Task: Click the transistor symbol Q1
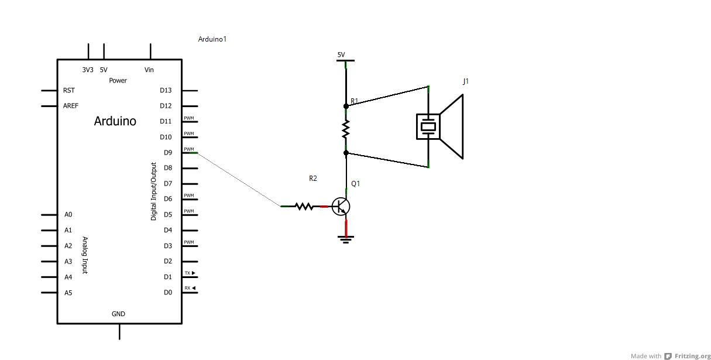[341, 207]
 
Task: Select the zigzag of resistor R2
[304, 207]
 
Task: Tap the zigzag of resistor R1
[346, 129]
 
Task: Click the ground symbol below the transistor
[346, 239]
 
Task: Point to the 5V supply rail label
[341, 54]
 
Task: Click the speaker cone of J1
[451, 126]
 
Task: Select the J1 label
[466, 81]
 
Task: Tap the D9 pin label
[168, 153]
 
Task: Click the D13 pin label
[166, 91]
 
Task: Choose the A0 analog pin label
[68, 215]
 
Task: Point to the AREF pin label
[70, 106]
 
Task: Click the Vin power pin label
[149, 70]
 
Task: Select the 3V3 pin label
[88, 70]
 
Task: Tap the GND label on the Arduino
[118, 314]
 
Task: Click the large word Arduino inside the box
[115, 121]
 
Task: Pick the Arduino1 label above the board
[212, 39]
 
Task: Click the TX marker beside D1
[190, 273]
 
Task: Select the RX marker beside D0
[190, 288]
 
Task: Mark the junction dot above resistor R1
[346, 106]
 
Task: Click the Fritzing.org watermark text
[693, 356]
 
